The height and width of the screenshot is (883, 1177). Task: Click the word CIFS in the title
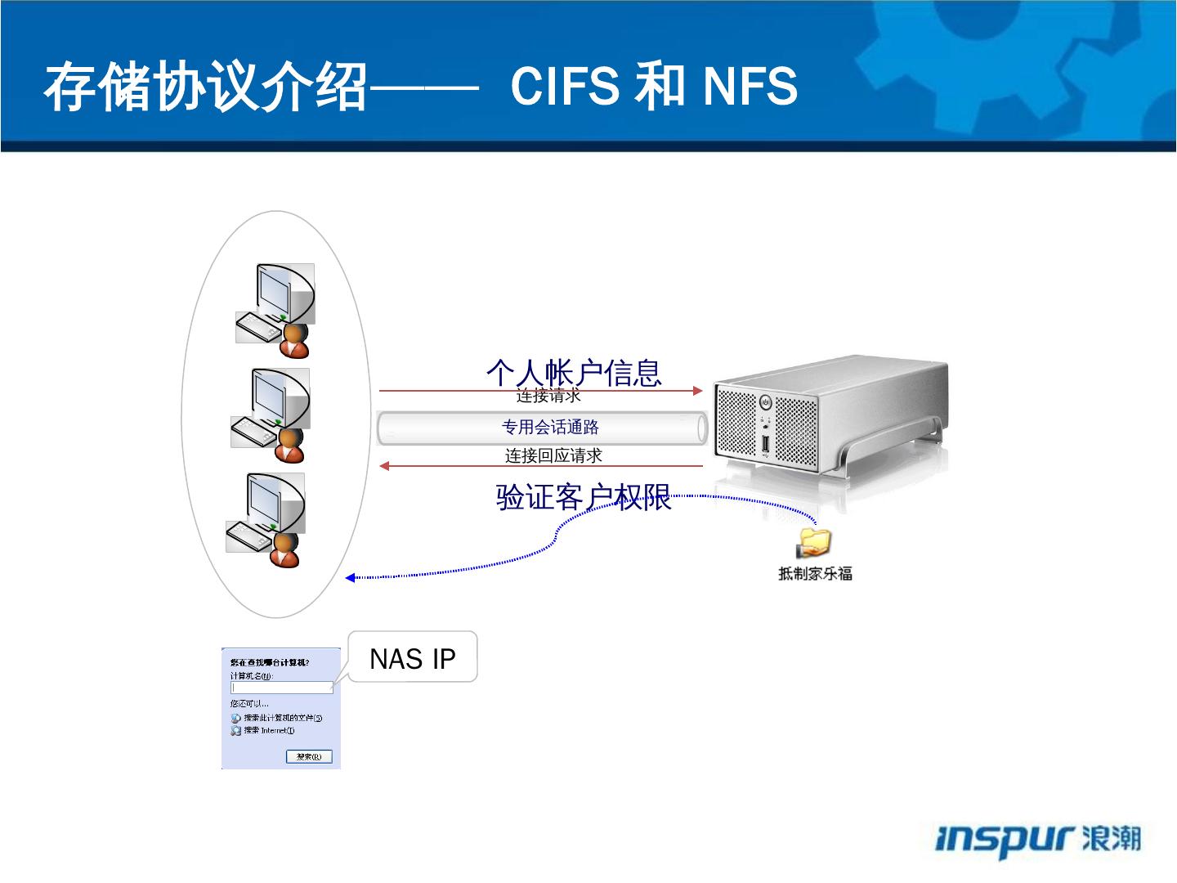564,86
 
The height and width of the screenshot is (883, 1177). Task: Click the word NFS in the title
750,86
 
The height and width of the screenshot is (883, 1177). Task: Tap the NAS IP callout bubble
413,657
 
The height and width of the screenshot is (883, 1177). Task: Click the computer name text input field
282,688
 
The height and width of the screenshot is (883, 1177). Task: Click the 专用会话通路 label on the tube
550,428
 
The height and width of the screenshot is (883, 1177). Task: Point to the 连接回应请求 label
553,455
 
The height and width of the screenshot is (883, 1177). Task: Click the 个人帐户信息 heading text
574,372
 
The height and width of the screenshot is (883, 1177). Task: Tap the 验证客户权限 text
584,497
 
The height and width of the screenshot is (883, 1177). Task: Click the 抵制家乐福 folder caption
815,574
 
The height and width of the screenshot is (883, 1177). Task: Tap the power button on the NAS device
765,402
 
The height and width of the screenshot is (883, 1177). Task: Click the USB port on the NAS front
765,445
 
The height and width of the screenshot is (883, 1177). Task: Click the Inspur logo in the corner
1038,840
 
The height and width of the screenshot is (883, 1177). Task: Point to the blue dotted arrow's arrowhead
350,578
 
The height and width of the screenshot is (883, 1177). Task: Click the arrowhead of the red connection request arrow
697,391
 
